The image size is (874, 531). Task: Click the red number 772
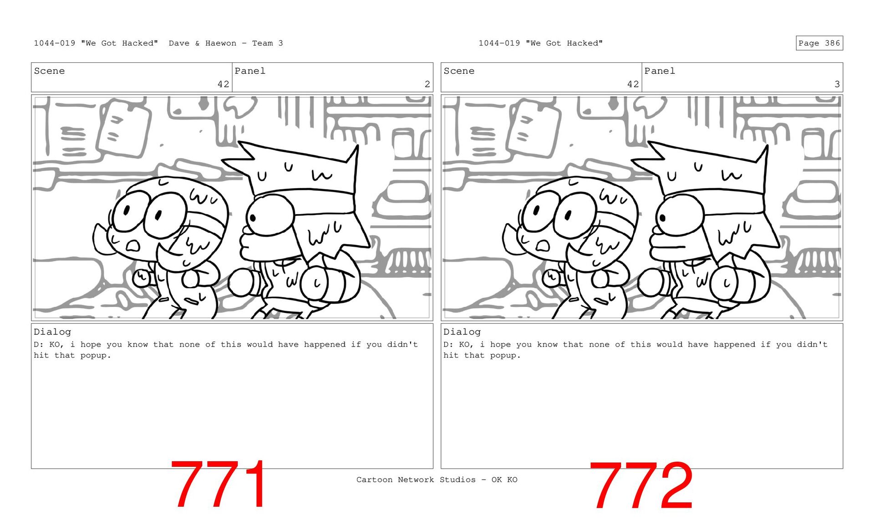click(641, 485)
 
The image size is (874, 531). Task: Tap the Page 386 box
click(819, 43)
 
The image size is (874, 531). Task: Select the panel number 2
click(427, 84)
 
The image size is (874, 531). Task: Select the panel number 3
click(837, 84)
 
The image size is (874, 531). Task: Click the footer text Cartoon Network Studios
click(416, 480)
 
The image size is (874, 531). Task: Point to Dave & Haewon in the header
click(203, 43)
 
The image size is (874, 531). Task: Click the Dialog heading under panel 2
click(52, 332)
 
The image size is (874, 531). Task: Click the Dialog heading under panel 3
click(462, 332)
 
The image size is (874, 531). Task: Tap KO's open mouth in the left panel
click(133, 246)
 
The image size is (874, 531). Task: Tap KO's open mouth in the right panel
click(543, 246)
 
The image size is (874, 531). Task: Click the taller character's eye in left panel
click(270, 215)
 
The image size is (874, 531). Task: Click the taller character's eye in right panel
click(680, 215)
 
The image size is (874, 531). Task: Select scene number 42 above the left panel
click(223, 84)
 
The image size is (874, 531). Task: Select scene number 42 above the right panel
click(633, 84)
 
